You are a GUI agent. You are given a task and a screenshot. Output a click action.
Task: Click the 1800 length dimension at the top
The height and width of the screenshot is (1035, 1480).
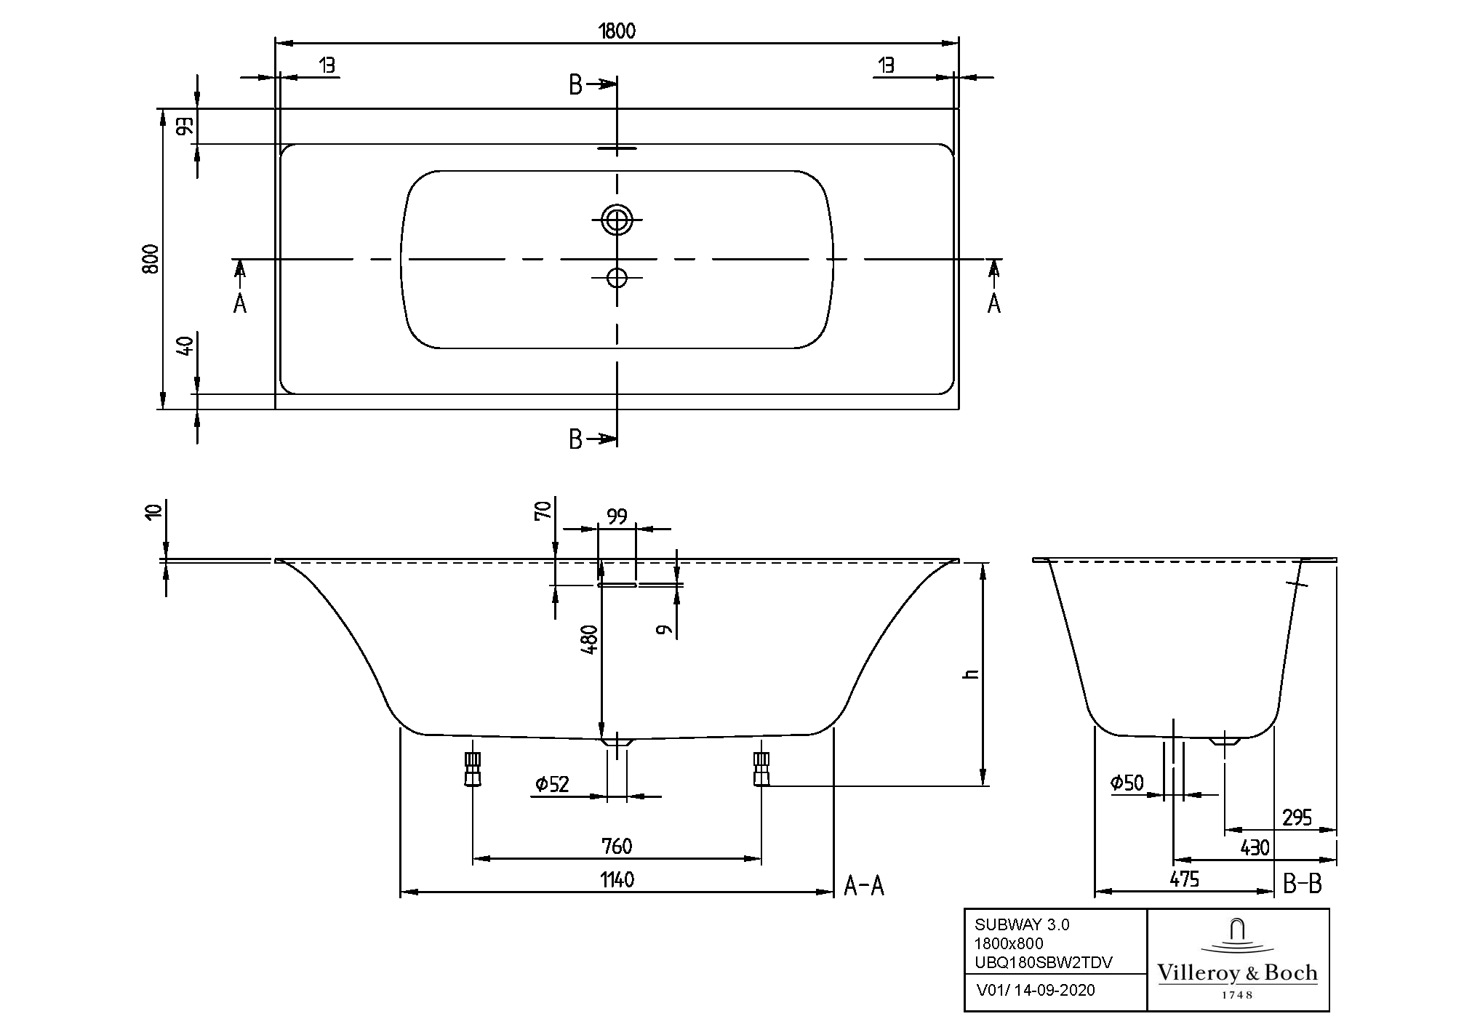[617, 31]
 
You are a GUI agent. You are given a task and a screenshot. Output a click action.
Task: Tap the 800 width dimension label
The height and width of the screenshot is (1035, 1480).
[151, 258]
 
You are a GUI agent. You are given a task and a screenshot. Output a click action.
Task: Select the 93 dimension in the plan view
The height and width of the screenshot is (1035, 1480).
[185, 127]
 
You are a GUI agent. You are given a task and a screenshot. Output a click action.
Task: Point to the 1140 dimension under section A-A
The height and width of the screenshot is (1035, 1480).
[617, 880]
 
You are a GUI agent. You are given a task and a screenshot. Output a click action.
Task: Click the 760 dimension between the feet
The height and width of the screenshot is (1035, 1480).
[617, 847]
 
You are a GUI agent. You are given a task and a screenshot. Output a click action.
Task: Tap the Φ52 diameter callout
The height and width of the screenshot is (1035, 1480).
[552, 784]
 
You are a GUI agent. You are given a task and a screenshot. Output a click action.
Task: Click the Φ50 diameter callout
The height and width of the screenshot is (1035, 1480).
[1127, 783]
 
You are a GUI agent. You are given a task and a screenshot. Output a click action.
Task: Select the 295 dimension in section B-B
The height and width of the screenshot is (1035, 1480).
[1297, 818]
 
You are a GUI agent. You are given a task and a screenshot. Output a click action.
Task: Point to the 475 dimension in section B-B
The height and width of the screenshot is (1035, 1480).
[1184, 879]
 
